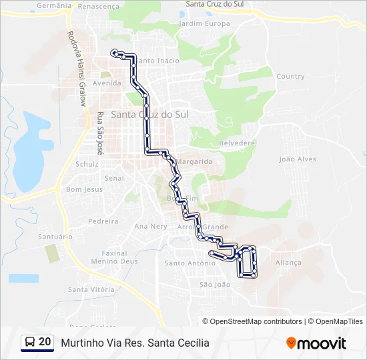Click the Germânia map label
pos(53,5)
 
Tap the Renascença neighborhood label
pos(98,6)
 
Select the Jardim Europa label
pos(204,24)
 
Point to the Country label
pos(290,76)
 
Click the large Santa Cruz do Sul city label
pos(149,115)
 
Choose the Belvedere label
pos(237,143)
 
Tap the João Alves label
pos(298,159)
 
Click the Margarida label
pos(195,161)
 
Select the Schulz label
pos(87,164)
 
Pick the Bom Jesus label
pos(84,189)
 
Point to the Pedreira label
pos(103,221)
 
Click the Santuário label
pos(55,237)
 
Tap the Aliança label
pos(288,263)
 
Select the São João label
pos(214,284)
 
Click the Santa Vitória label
pos(91,289)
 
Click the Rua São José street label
pos(101,133)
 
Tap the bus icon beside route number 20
pos(30,343)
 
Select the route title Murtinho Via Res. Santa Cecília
pos(135,343)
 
